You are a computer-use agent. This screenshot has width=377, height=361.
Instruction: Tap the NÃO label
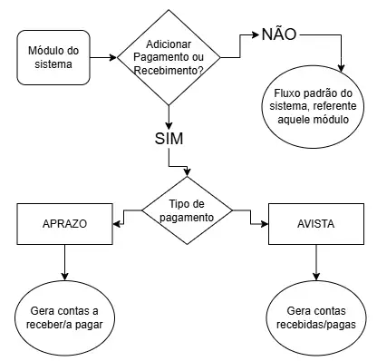280,34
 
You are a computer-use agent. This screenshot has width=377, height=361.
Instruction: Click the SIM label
169,141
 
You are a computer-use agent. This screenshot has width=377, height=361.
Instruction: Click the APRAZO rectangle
64,222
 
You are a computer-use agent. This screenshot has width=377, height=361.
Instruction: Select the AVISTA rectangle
315,222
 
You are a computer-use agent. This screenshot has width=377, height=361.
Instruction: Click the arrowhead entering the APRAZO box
115,222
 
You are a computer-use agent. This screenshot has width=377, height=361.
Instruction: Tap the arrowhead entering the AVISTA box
265,222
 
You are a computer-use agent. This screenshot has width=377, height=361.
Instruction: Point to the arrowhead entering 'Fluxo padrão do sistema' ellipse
342,69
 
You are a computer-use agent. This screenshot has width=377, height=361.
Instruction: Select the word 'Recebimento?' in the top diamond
169,69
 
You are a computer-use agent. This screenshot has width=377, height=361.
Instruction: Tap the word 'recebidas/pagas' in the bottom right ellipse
315,323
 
